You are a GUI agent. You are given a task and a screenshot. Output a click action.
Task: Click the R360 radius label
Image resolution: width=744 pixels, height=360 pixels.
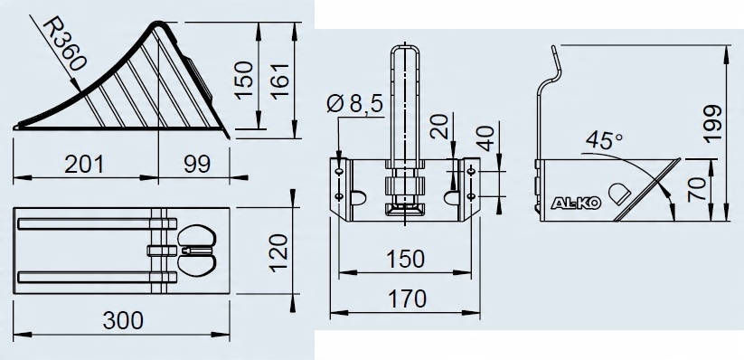pyautogui.click(x=65, y=45)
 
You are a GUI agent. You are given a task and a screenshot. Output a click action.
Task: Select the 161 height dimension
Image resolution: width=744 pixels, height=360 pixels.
pyautogui.click(x=280, y=80)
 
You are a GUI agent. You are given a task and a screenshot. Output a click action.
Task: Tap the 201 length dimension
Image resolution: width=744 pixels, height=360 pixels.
pyautogui.click(x=84, y=165)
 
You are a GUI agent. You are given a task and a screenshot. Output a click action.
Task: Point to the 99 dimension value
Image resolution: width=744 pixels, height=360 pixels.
pyautogui.click(x=197, y=165)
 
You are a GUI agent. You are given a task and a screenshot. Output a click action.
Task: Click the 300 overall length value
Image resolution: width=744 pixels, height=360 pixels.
pyautogui.click(x=123, y=320)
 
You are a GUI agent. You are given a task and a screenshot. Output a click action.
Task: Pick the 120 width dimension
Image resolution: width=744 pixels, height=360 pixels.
pyautogui.click(x=278, y=253)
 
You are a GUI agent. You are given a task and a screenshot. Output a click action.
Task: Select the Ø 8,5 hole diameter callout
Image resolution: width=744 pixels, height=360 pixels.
pyautogui.click(x=355, y=103)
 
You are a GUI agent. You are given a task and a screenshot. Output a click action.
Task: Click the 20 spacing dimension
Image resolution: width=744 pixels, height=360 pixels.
pyautogui.click(x=440, y=126)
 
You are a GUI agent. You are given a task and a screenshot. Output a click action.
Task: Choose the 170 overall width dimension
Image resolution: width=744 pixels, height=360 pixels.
pyautogui.click(x=407, y=299)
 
